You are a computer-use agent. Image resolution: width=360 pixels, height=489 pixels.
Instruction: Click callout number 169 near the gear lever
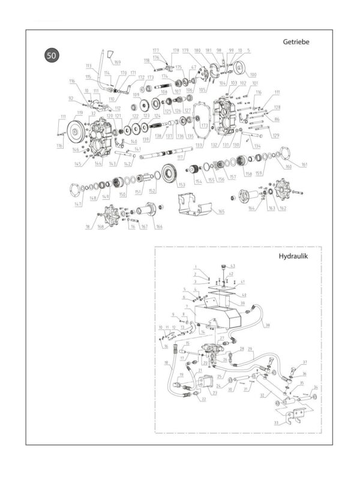point(117,62)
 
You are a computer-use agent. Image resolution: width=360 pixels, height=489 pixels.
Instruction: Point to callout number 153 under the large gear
point(181,185)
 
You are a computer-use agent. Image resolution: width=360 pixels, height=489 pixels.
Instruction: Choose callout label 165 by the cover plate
point(221,212)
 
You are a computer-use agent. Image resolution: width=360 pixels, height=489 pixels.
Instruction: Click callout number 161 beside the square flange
point(304,164)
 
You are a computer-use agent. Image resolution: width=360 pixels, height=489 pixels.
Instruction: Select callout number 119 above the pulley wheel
point(79,112)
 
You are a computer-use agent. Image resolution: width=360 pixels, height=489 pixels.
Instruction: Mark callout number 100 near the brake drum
point(253,74)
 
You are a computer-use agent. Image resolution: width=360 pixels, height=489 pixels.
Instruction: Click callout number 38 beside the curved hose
point(268,325)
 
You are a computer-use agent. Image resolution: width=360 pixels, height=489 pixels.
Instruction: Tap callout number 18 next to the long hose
point(166,364)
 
